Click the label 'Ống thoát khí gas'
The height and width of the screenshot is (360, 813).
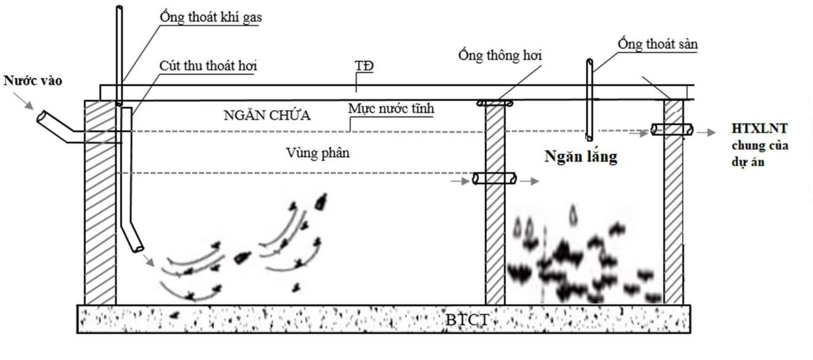(210, 17)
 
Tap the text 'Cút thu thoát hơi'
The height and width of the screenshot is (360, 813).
(208, 65)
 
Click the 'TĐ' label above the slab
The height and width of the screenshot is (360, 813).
(364, 65)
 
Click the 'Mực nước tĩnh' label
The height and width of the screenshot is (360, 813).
(391, 109)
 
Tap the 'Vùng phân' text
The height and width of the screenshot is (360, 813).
(317, 153)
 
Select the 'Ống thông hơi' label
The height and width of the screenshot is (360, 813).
(500, 55)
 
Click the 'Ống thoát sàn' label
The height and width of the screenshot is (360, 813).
(657, 44)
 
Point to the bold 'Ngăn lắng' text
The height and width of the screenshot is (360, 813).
(580, 157)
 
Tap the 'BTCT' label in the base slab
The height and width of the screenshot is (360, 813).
(469, 319)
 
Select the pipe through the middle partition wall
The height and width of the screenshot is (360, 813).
(494, 179)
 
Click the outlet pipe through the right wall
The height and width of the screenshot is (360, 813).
(672, 130)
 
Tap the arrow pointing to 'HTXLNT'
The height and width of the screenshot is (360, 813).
(706, 131)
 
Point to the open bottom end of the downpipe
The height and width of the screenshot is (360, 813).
(139, 248)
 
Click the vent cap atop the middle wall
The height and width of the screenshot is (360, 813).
(494, 103)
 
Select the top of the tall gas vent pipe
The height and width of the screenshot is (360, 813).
(119, 9)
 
